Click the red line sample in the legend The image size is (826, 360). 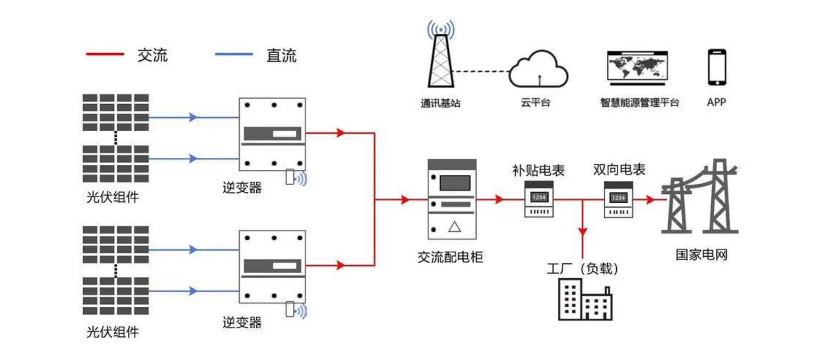point(105,54)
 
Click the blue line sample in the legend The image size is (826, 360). point(234,54)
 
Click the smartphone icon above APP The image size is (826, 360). point(717,67)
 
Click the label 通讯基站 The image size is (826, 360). point(440,103)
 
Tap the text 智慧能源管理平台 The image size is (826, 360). point(639,103)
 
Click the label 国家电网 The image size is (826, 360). point(702,255)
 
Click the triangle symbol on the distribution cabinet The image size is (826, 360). point(454,227)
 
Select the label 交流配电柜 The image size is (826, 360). point(450,257)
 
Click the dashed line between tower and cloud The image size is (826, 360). point(481,71)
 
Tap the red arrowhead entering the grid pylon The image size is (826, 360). point(650,199)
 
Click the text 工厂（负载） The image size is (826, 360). point(582,269)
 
